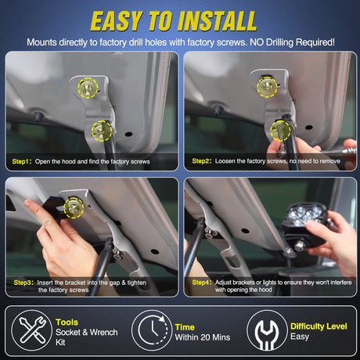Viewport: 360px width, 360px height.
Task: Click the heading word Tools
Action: pos(67,321)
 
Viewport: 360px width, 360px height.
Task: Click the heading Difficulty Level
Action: pos(318,326)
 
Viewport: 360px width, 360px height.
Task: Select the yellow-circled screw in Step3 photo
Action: pos(74,207)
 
